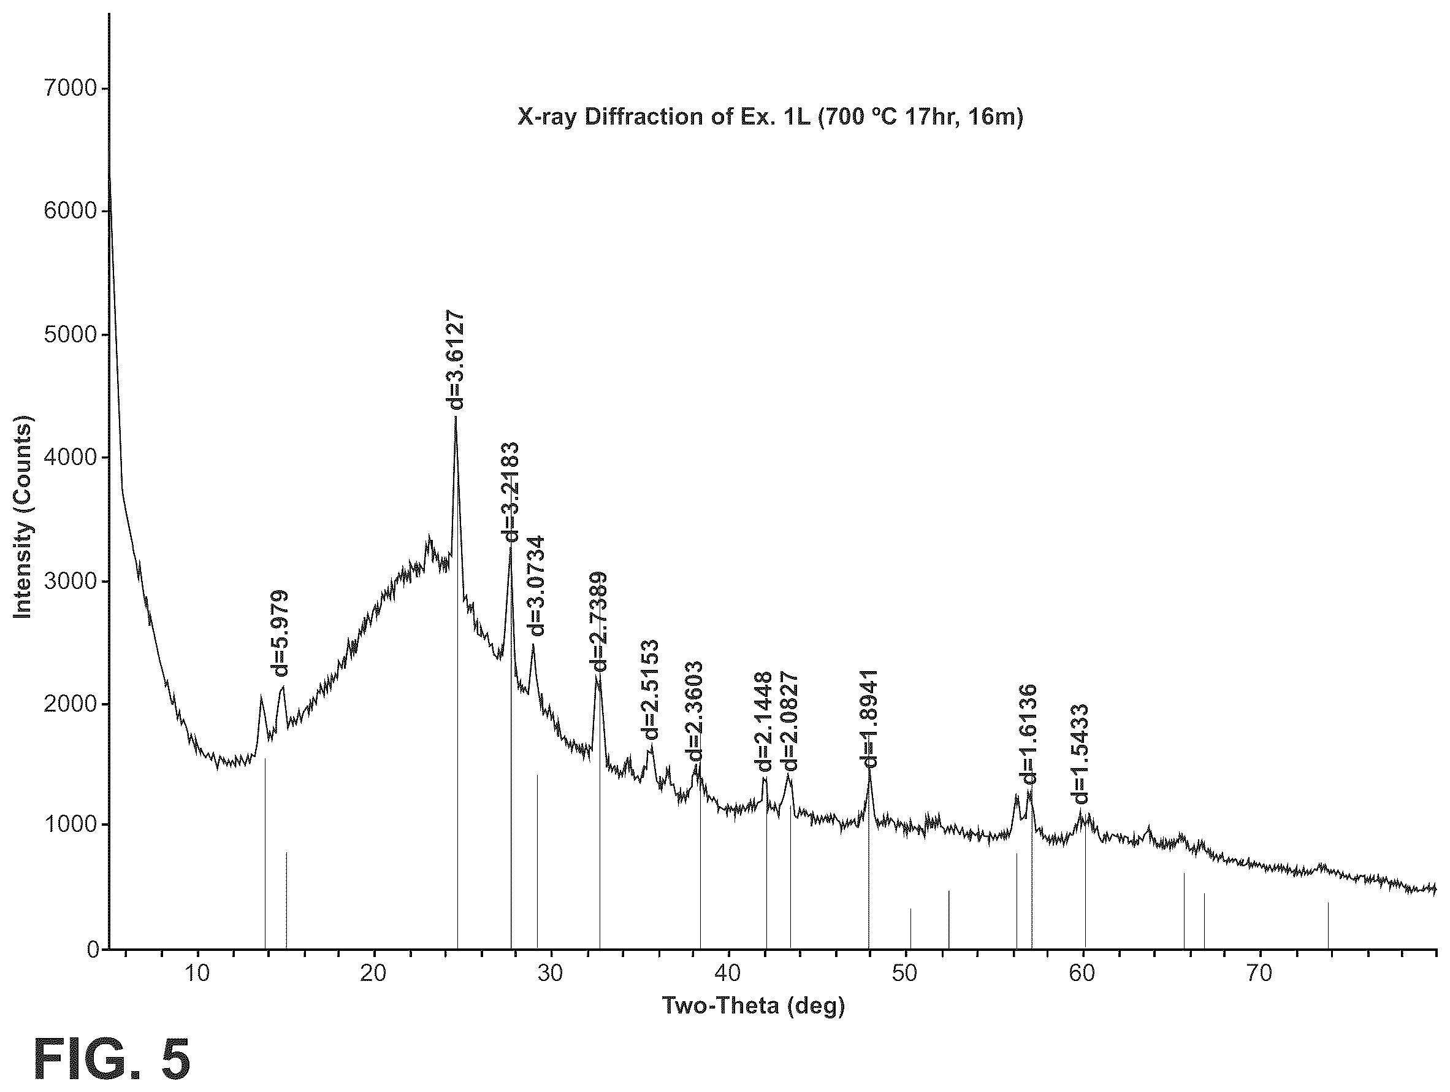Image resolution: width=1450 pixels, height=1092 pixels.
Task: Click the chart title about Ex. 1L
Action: pos(770,117)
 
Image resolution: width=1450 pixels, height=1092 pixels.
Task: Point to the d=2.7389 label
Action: pos(598,621)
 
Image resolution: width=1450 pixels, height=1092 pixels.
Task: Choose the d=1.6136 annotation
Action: pos(1029,734)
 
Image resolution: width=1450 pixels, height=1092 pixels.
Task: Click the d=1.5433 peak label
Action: pos(1079,754)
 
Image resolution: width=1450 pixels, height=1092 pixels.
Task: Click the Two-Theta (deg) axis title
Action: pos(753,1005)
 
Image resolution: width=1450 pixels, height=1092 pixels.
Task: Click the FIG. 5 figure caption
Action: pos(112,1059)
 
